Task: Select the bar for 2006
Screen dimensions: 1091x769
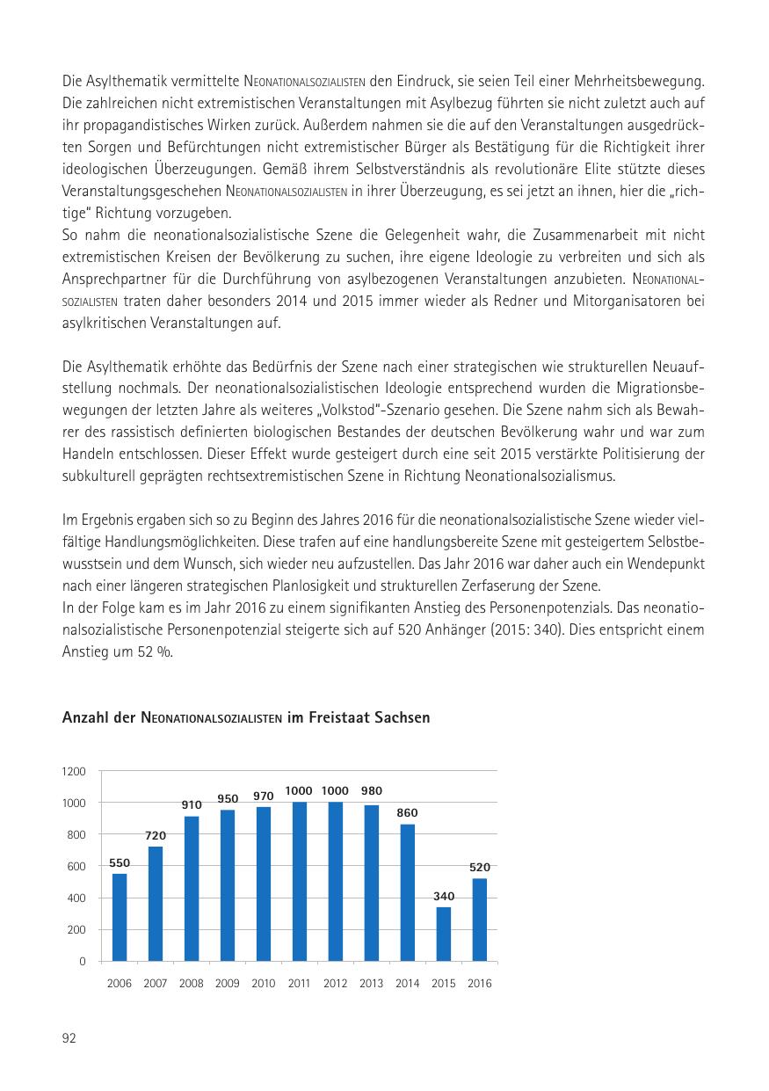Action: tap(120, 917)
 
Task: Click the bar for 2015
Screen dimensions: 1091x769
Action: tap(444, 934)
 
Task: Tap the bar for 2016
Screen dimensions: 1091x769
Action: tap(480, 920)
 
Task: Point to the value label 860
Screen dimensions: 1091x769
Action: tap(407, 813)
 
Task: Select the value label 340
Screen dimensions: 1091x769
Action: tap(444, 896)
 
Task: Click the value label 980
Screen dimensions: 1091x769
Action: tap(371, 790)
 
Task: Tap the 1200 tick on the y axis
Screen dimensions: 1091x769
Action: tap(75, 772)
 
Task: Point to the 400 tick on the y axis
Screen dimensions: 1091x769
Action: tap(76, 898)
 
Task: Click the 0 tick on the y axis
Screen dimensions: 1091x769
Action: tap(83, 962)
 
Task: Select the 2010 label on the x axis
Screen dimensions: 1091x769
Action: tap(264, 984)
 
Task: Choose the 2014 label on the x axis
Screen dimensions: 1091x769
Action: tap(407, 984)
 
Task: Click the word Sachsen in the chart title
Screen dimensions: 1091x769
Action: tap(403, 718)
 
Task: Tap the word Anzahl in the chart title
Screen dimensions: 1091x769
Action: tap(84, 718)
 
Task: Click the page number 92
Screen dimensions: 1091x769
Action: tap(69, 1038)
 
